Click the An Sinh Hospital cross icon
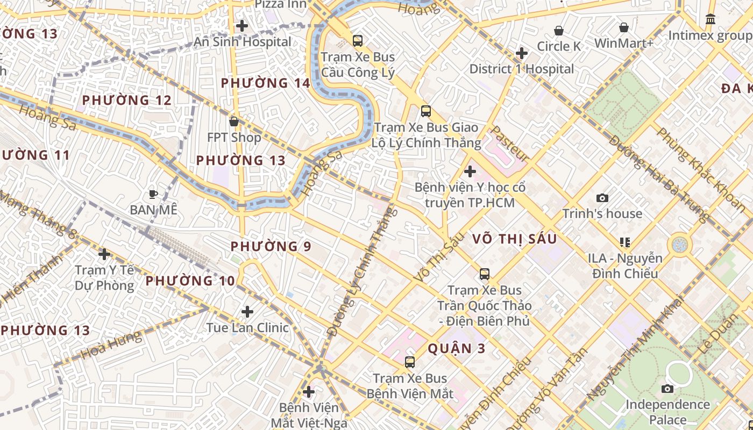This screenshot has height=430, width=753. coord(242,25)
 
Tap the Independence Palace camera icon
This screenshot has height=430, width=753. coord(667,389)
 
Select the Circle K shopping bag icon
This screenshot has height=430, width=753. coord(559,31)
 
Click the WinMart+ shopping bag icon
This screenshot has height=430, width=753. coord(624,27)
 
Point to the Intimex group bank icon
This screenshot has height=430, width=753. coord(711,19)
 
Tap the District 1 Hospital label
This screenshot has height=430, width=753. coord(522,69)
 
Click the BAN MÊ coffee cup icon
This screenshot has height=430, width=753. coord(153,194)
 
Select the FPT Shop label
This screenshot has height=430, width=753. coord(234,138)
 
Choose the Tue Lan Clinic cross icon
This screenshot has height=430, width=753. coord(247,312)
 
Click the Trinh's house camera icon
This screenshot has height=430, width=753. coord(602,198)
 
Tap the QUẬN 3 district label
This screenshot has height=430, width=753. coord(457,348)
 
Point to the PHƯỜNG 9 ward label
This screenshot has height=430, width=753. coord(271,246)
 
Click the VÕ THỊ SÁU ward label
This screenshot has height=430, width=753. coord(514,239)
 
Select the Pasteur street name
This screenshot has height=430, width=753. coord(510,144)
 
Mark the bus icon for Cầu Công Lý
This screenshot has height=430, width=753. coord(358,41)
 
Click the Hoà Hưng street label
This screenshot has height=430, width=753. coord(111,345)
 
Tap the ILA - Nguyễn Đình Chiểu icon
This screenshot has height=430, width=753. coord(625,242)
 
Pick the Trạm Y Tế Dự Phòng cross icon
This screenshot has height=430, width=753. coord(105,254)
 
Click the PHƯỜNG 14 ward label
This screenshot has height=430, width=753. coord(266,83)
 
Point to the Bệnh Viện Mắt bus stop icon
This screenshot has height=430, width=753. coord(410,362)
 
